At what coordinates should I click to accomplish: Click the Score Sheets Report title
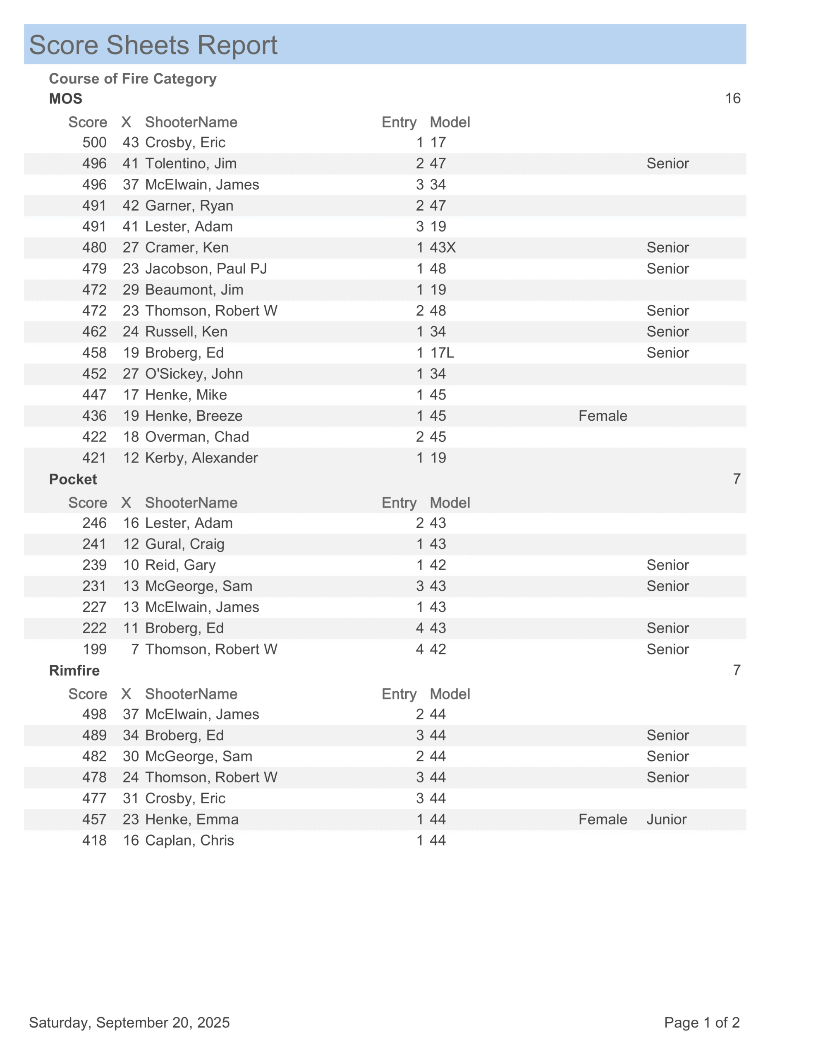tap(153, 45)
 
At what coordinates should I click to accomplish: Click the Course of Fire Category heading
tap(132, 79)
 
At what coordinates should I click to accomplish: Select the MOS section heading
tap(65, 99)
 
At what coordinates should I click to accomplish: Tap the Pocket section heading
tap(73, 479)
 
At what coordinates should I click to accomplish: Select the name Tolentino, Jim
tap(191, 163)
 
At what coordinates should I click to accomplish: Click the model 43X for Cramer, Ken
tap(442, 248)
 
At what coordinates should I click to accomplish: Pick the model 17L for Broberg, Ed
tap(442, 353)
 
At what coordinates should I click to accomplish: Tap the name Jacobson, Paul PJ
tap(206, 268)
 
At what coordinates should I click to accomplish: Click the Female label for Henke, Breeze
tap(602, 416)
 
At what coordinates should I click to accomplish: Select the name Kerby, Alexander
tap(201, 458)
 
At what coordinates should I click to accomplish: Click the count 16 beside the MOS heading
tap(732, 99)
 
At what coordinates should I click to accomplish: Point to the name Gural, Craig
tap(184, 544)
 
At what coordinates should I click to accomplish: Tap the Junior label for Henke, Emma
tap(666, 819)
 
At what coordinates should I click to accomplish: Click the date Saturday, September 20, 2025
tap(129, 1023)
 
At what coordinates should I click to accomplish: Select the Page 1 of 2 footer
tap(701, 1023)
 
